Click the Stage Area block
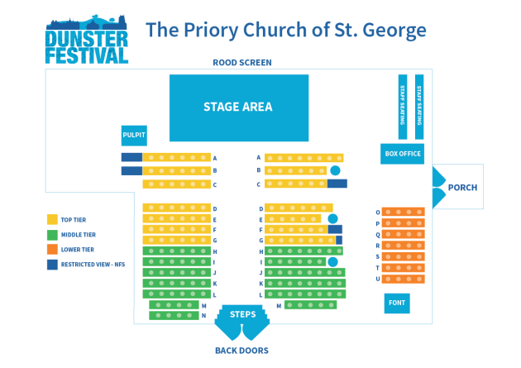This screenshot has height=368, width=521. tap(239, 108)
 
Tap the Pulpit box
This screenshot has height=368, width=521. tap(134, 136)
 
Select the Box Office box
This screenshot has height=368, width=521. tap(402, 154)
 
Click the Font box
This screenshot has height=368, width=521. tap(397, 303)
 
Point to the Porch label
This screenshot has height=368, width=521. tap(462, 188)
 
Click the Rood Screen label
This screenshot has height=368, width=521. tap(242, 63)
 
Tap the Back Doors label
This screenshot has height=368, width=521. tap(241, 351)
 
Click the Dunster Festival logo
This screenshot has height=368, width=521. tap(87, 39)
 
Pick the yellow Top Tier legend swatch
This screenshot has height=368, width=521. tap(52, 219)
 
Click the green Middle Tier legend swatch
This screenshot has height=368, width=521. tap(52, 235)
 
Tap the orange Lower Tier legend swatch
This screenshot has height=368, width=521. tap(52, 250)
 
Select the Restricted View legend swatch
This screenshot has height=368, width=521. tap(52, 265)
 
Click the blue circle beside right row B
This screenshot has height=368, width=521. tap(335, 170)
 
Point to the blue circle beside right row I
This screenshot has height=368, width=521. tap(332, 261)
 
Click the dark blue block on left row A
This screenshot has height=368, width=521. tap(132, 157)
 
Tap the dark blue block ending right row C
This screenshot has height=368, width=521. tap(337, 184)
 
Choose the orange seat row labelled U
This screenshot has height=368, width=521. tap(403, 279)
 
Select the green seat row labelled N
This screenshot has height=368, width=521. tap(174, 316)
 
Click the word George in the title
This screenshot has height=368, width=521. tap(394, 31)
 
